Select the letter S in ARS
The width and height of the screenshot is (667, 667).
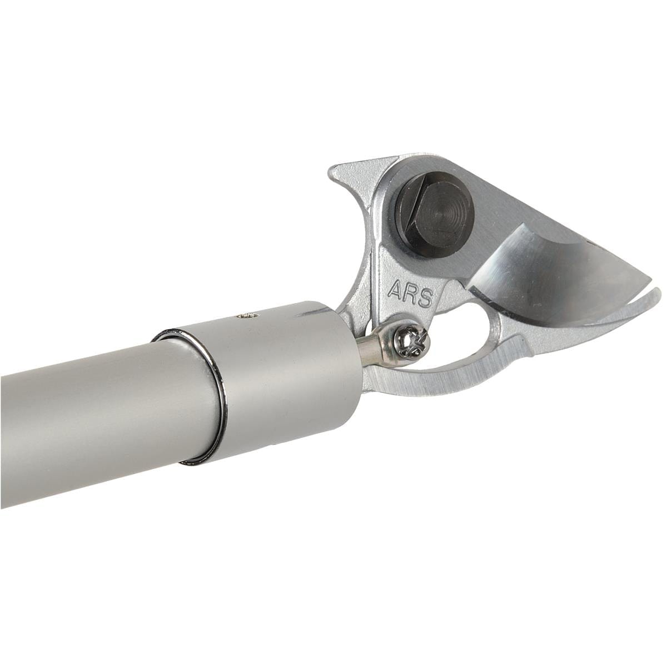(x=426, y=298)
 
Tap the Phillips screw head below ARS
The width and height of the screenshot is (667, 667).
(x=412, y=342)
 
